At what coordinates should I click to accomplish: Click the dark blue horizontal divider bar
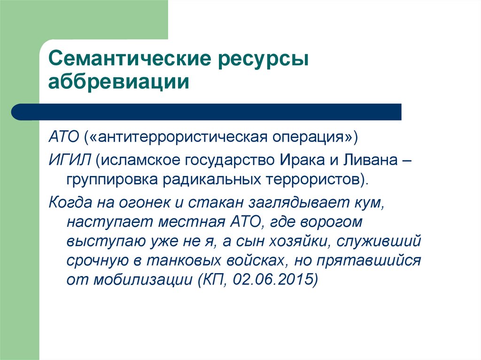click(207, 112)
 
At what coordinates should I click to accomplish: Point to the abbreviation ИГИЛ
click(69, 161)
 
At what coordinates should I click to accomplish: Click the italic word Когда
click(70, 203)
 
